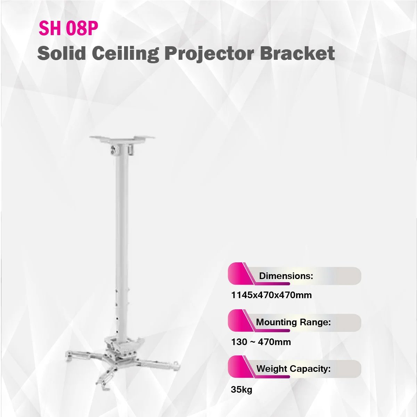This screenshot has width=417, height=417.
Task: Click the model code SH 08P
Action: click(68, 28)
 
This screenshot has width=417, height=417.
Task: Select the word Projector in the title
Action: click(209, 54)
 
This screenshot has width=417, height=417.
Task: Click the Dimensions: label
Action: click(286, 276)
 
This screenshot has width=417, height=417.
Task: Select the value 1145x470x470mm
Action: click(271, 295)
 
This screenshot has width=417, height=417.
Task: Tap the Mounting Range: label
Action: click(293, 322)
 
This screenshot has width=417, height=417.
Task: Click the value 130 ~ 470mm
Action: click(261, 342)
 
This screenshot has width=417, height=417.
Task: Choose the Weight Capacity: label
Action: click(293, 369)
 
